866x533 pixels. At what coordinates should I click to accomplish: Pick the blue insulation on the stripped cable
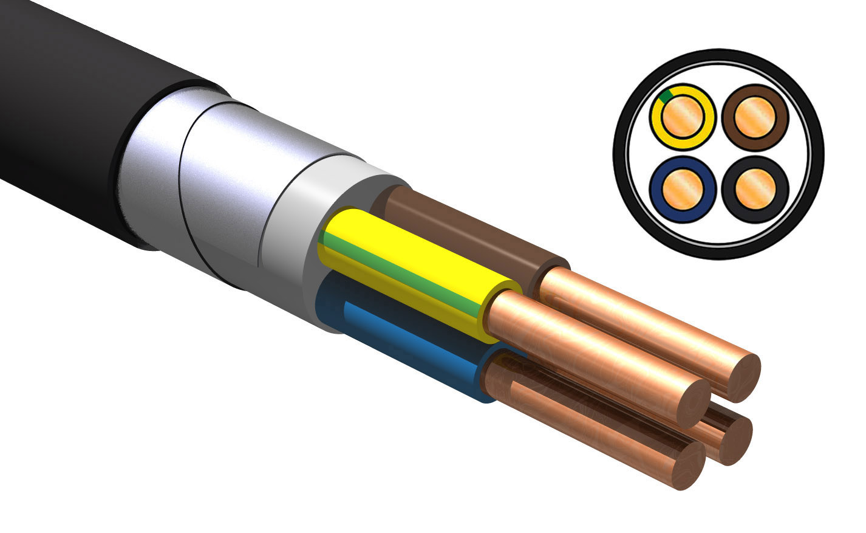(413, 352)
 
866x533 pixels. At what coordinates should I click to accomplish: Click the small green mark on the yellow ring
(666, 95)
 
